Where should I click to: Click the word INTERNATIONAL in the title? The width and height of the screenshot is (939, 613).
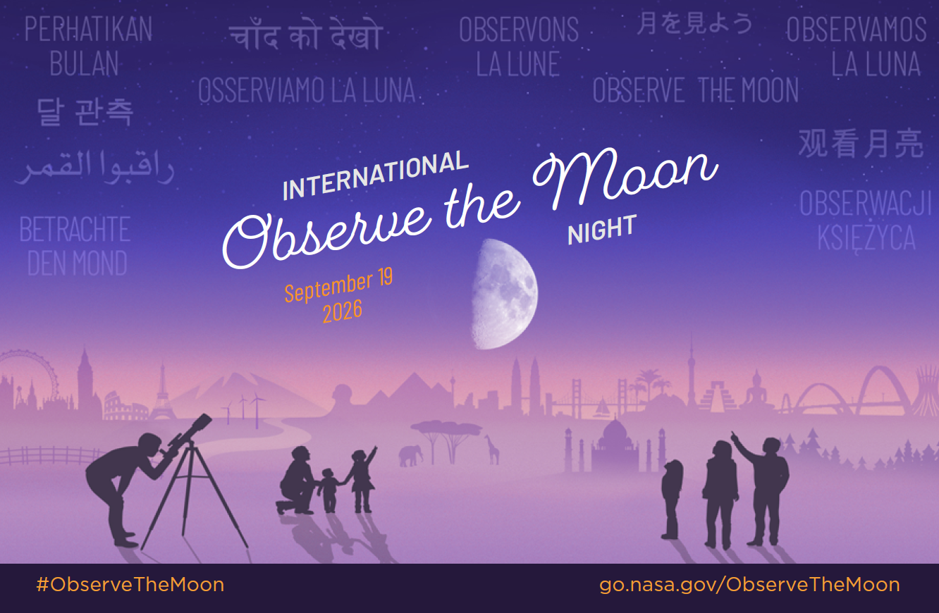point(376,175)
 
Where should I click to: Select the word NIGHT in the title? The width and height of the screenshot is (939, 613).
point(602,229)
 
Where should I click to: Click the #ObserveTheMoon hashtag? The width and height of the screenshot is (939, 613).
point(130,585)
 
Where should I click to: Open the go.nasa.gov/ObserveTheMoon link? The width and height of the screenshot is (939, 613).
point(749,586)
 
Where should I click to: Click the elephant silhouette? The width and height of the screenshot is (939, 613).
point(410,456)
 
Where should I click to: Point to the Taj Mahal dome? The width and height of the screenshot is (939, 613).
point(615,433)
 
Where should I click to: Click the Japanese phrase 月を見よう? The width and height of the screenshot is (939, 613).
point(694,23)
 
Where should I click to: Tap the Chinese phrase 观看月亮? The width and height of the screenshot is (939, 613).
point(861,143)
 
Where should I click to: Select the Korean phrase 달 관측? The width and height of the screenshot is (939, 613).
point(85,112)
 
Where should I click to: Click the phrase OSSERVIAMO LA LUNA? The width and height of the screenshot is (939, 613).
point(307,90)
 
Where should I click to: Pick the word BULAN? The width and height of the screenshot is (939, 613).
point(85,63)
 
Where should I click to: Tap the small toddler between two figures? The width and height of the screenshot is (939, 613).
point(329,490)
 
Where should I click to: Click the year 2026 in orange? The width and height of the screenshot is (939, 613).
point(342,311)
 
